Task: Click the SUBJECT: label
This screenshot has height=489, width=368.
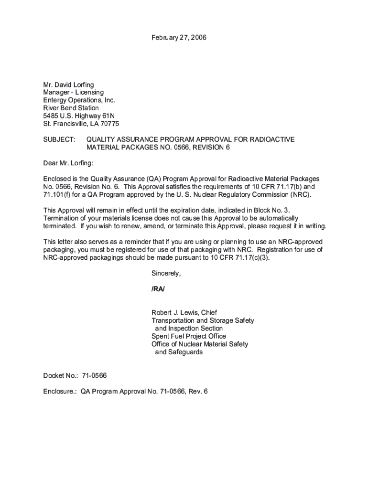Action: (x=59, y=139)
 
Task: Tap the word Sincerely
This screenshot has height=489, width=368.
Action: (x=166, y=274)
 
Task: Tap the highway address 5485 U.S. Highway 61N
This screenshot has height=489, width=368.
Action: (x=79, y=116)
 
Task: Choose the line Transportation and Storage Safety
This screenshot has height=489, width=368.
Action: (x=203, y=320)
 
